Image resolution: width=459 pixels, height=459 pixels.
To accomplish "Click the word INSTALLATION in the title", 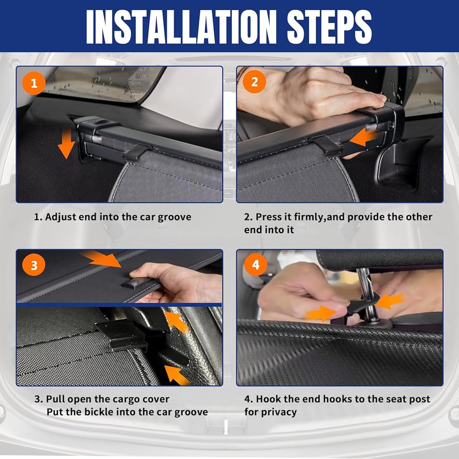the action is click(181, 27).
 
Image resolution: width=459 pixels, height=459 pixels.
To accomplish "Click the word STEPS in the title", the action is click(329, 27).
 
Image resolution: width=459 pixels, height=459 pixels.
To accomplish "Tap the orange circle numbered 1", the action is click(34, 84).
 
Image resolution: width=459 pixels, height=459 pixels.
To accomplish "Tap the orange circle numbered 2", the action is click(254, 82).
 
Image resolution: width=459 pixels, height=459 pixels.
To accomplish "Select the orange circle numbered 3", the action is click(34, 265).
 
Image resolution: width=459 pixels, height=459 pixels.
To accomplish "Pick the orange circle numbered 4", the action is click(256, 265).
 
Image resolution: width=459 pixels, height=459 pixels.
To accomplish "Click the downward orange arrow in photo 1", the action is click(67, 144).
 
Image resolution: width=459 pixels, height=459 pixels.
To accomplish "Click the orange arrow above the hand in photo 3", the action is click(101, 259).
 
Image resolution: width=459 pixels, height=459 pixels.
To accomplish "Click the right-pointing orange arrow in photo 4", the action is click(321, 314).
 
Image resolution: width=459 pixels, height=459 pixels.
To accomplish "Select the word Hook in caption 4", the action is click(265, 399).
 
